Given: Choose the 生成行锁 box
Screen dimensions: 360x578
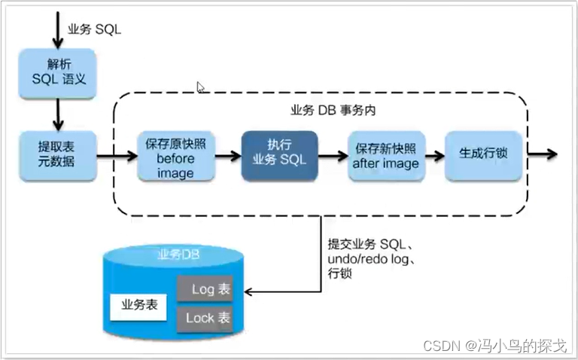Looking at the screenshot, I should tap(483, 154).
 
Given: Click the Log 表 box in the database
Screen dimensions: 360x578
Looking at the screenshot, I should tap(204, 289).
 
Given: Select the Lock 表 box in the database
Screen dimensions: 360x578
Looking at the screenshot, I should tap(204, 317).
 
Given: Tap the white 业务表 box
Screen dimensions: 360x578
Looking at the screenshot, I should tap(138, 305).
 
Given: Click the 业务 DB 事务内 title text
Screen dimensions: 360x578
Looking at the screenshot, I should tap(333, 111).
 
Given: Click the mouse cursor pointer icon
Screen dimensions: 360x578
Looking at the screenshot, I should tap(201, 87).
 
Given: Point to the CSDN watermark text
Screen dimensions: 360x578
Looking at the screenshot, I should tap(494, 345).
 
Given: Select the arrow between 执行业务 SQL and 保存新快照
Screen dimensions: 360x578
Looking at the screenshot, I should tap(331, 157).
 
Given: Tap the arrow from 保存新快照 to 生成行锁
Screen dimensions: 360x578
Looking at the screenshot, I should tap(432, 156).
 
